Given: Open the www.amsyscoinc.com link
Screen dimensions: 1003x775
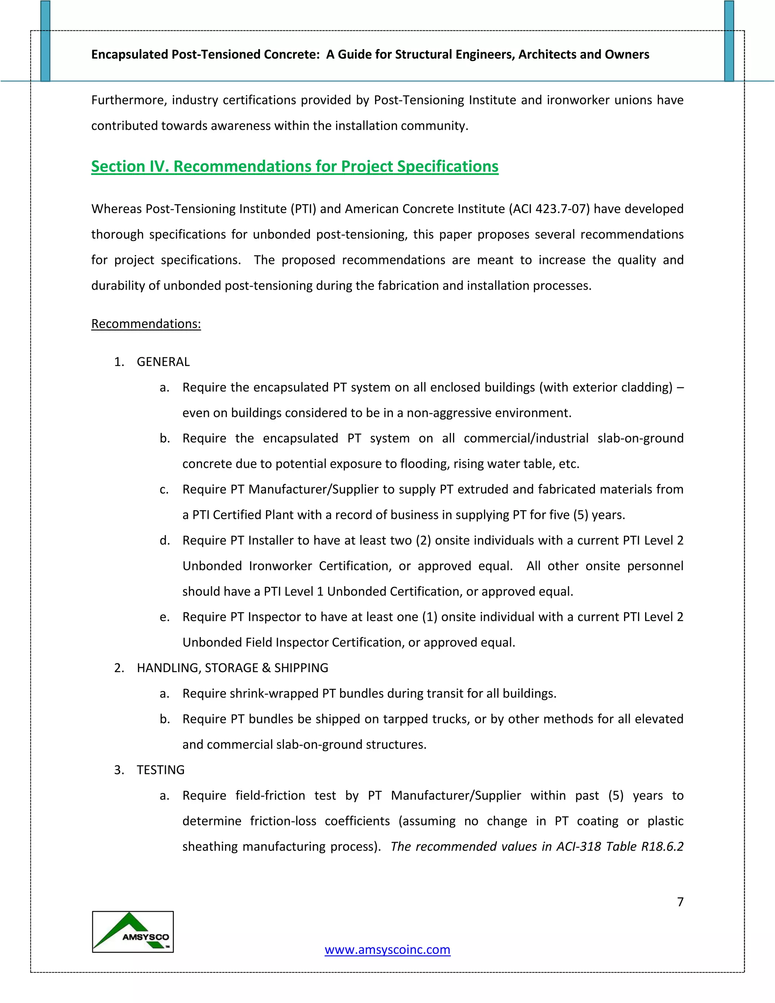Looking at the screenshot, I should tap(387, 949).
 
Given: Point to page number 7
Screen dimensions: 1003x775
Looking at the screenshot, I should tap(680, 902).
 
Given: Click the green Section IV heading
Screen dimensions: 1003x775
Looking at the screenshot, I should tap(294, 166).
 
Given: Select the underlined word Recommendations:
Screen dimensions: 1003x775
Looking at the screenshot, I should tap(146, 324).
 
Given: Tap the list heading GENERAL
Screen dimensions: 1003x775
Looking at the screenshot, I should tap(163, 362).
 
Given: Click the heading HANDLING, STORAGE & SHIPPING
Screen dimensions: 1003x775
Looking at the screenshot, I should tap(232, 668).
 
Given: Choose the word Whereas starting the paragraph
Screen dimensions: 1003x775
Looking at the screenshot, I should tap(116, 209).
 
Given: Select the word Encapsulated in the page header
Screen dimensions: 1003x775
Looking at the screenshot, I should tap(129, 55).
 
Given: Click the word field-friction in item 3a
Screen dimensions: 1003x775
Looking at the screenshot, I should tap(270, 796).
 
